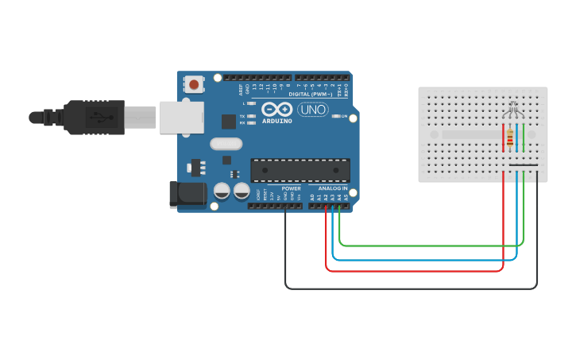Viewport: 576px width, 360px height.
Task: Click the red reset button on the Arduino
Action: pyautogui.click(x=193, y=83)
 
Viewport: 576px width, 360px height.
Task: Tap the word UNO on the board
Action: pyautogui.click(x=313, y=110)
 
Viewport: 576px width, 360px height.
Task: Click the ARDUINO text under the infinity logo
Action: pyautogui.click(x=276, y=121)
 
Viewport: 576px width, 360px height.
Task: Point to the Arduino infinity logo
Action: pyautogui.click(x=276, y=109)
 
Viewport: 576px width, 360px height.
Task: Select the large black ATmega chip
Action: pyautogui.click(x=300, y=170)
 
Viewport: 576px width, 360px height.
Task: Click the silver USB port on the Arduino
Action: pyautogui.click(x=182, y=117)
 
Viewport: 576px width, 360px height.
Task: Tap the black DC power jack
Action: pyautogui.click(x=187, y=194)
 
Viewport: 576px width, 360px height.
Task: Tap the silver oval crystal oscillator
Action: pyautogui.click(x=226, y=144)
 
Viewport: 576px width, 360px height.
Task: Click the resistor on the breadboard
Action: pyautogui.click(x=508, y=139)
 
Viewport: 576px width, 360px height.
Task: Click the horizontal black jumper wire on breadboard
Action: pyautogui.click(x=524, y=165)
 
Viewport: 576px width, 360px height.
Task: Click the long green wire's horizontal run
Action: pyautogui.click(x=429, y=246)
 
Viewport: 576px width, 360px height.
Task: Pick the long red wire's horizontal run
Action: pyautogui.click(x=413, y=271)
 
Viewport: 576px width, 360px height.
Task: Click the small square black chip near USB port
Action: pyautogui.click(x=229, y=122)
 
